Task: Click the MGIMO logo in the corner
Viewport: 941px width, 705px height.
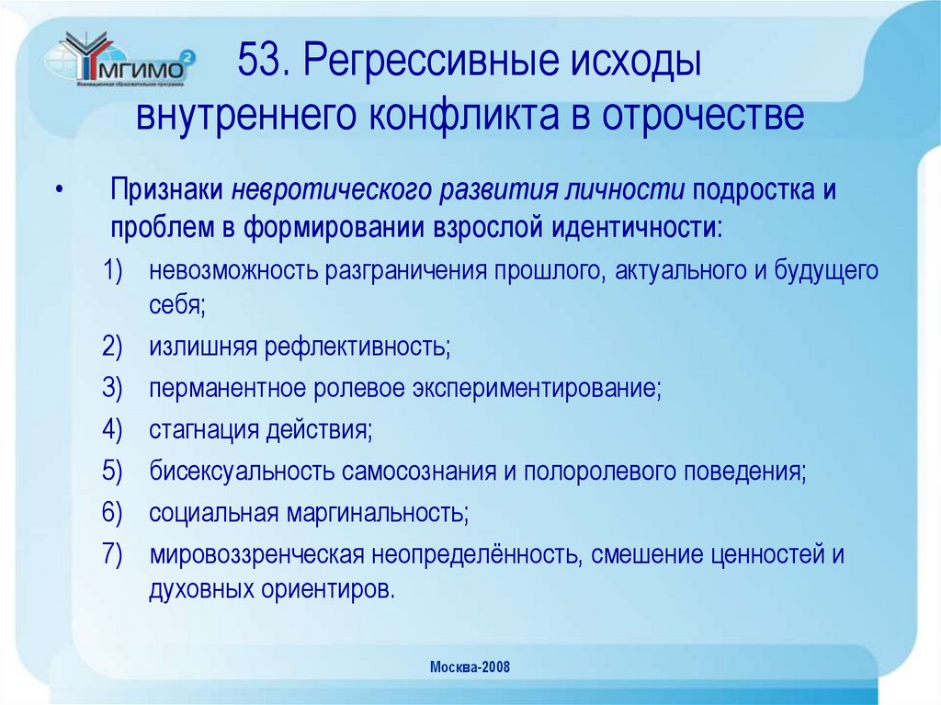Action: pyautogui.click(x=120, y=63)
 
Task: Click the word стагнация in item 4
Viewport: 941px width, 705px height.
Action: pyautogui.click(x=203, y=428)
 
